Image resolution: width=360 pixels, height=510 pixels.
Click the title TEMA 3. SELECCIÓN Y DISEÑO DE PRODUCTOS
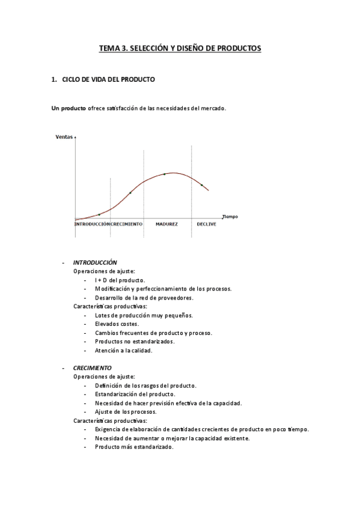coord(180,49)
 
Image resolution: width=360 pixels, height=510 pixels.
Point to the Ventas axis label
coord(64,137)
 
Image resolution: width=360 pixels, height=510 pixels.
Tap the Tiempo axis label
coord(230,217)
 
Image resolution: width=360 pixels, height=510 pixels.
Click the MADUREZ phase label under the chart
coord(166,224)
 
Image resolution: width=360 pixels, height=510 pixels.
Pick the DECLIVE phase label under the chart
coord(207,224)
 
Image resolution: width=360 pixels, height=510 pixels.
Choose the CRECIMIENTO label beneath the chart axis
coord(127,224)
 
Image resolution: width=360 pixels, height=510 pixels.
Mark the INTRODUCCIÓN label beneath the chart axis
coord(91,224)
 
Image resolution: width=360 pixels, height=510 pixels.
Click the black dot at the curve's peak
coord(165,174)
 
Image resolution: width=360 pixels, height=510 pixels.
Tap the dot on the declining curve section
coord(201,185)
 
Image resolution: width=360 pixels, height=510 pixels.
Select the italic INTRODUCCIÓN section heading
coord(95,262)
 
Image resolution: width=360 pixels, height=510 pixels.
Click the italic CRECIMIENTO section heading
coord(92,367)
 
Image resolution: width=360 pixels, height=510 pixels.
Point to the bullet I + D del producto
coord(120,280)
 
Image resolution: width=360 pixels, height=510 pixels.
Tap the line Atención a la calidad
coord(123,350)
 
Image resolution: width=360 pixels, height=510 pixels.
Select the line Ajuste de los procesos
coord(126,412)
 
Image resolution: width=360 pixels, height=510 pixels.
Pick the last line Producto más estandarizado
coord(134,447)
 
